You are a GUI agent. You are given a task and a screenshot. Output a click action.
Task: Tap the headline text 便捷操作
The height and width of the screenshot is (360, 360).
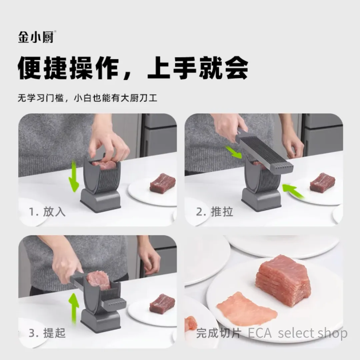tap(68, 68)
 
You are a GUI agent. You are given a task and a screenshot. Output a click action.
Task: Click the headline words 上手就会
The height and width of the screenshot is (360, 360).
tap(198, 68)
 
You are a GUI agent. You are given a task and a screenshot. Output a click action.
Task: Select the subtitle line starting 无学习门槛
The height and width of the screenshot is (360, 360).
tap(87, 98)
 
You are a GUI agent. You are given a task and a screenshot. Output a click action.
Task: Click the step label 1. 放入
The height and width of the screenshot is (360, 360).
tap(47, 211)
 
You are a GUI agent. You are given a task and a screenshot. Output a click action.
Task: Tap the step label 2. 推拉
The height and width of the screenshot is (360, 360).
tap(215, 211)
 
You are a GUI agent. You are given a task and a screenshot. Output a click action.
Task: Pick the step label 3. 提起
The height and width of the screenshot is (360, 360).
tap(47, 333)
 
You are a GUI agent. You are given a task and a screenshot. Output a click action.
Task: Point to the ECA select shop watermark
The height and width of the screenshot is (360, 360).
tap(298, 333)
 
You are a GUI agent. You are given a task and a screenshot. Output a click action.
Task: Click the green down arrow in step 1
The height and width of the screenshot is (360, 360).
tap(74, 177)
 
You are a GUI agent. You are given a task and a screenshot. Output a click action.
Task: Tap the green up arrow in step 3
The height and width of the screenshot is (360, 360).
tap(74, 309)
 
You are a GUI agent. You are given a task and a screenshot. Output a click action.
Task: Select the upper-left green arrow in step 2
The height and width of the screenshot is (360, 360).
tap(233, 152)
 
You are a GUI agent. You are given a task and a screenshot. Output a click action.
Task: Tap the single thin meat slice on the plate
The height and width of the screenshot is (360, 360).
tap(247, 309)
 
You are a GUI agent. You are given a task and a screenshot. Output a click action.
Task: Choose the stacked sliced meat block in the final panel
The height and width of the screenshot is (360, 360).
tap(283, 280)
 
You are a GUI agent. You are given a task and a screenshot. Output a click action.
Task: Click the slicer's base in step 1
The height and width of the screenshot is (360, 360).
tap(100, 200)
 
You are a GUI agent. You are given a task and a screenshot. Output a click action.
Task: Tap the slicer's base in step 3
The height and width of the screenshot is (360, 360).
tap(100, 321)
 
